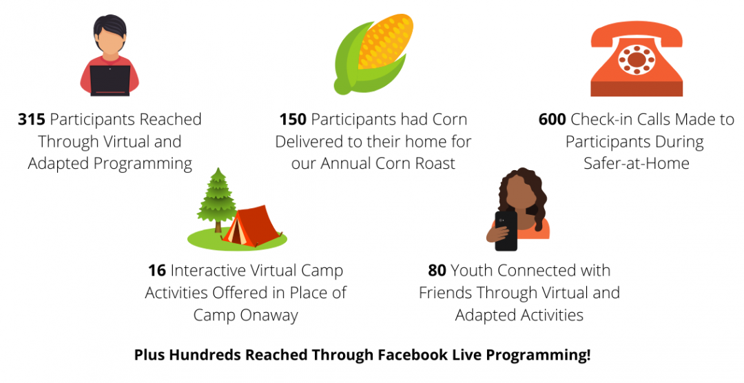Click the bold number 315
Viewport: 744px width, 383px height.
(x=31, y=119)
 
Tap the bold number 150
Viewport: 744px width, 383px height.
(x=293, y=119)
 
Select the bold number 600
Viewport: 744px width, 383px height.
(x=552, y=119)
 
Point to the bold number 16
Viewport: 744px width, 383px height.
(x=157, y=271)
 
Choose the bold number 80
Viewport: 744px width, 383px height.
(x=437, y=271)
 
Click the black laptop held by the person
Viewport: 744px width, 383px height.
(x=110, y=80)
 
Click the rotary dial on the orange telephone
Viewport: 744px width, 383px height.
(x=637, y=60)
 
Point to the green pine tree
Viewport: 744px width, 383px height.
(x=217, y=198)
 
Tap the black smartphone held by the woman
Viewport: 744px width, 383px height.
(x=506, y=231)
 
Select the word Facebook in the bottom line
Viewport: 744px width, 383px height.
(x=423, y=355)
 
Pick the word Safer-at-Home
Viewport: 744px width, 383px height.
(x=637, y=163)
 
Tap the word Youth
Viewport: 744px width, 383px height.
(x=470, y=271)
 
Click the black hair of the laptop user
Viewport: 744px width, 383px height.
(x=110, y=29)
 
